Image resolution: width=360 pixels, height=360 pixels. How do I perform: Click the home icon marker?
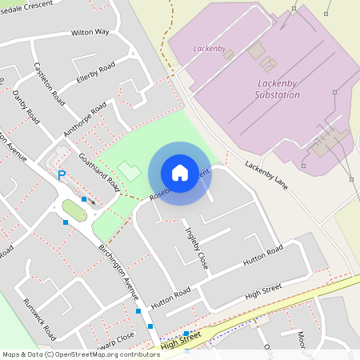(x=180, y=172)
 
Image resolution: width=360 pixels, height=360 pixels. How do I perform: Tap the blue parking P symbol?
(x=61, y=175)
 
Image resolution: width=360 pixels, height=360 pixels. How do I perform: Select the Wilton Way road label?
(x=90, y=33)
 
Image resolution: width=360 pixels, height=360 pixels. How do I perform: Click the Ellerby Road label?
(x=96, y=71)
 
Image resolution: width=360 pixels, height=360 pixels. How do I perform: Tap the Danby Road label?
(x=27, y=106)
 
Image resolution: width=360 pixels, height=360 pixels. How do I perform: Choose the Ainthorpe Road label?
(x=85, y=120)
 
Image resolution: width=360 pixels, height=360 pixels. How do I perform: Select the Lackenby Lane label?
(x=267, y=176)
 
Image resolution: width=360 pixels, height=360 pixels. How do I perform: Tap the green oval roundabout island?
(x=74, y=210)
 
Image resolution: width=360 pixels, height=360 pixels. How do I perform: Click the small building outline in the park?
(x=127, y=170)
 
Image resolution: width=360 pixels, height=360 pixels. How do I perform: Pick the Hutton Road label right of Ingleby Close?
(x=264, y=258)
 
